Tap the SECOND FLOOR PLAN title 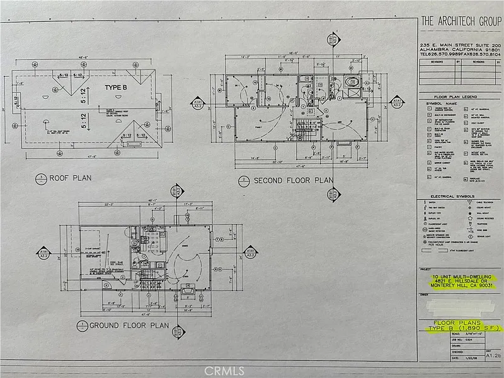coord(292,181)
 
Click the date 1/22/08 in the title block coord(464,357)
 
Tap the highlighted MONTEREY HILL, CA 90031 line coord(460,289)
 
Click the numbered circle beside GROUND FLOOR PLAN coord(82,326)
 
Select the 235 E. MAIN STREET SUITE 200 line coord(461,45)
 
